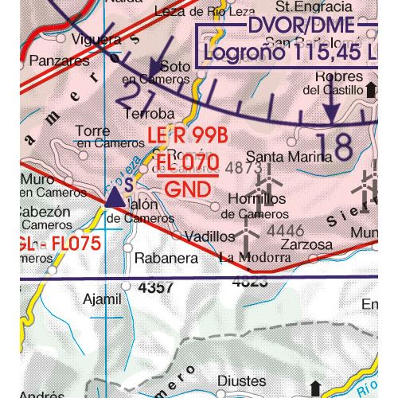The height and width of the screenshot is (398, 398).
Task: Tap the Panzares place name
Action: click(60, 60)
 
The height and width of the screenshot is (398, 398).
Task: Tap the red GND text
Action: click(189, 189)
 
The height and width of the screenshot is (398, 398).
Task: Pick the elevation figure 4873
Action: click(244, 169)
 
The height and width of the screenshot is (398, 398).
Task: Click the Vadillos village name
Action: click(209, 236)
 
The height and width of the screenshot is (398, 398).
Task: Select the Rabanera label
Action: click(166, 258)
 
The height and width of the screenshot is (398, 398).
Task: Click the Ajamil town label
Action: click(103, 299)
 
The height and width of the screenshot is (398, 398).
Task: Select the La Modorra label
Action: click(255, 257)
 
